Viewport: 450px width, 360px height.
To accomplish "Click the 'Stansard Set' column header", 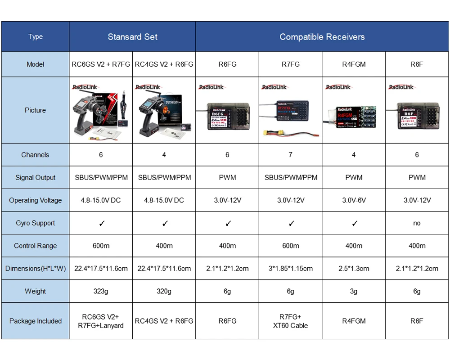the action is (x=132, y=37).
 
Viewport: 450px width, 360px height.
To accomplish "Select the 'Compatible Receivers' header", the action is (x=322, y=37).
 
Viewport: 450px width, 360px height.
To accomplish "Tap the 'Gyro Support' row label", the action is (x=35, y=223).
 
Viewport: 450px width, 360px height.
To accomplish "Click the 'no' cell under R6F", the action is (x=417, y=223).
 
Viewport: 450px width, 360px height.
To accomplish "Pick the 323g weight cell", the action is (x=101, y=291).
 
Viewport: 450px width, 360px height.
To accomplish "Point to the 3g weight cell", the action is (x=354, y=291).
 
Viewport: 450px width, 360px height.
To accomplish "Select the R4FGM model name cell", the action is (x=354, y=64).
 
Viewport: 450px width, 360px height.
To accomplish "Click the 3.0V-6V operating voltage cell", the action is (x=354, y=200).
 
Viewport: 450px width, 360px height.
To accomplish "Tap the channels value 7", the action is (x=290, y=155).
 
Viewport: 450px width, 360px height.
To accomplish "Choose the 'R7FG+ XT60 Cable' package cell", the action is (x=290, y=321).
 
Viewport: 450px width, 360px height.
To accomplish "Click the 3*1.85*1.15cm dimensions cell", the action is (x=290, y=269).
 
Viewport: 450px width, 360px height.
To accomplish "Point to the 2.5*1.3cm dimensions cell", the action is (x=354, y=269).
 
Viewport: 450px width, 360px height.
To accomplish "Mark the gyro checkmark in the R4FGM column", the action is (x=355, y=223).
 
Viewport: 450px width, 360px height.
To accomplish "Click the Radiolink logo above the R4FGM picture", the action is (x=338, y=87).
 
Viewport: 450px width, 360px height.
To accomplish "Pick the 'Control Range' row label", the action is (x=35, y=246).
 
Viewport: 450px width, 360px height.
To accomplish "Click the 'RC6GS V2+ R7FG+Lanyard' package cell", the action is (x=101, y=321).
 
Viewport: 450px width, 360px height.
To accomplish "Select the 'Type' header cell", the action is (x=35, y=37).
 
